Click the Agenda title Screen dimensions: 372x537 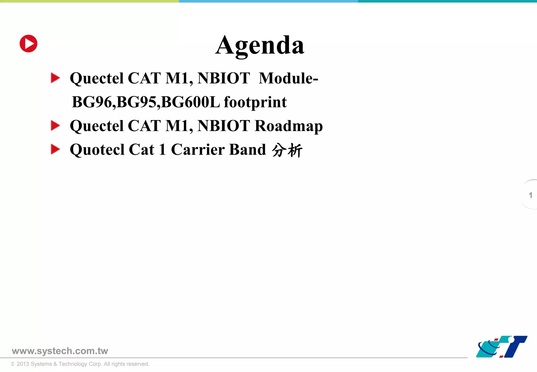(x=260, y=45)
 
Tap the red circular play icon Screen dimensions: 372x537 (x=29, y=44)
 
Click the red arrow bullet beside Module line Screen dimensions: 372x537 (x=55, y=78)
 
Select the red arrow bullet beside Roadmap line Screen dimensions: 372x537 (x=55, y=125)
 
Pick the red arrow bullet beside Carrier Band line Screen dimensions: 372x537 (x=55, y=149)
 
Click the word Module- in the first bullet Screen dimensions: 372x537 (x=288, y=78)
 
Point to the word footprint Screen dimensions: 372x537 (x=255, y=102)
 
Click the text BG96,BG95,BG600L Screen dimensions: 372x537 (x=146, y=102)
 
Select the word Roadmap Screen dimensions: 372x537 (x=289, y=126)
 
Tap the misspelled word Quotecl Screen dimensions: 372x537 (x=97, y=150)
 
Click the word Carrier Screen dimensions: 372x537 (x=198, y=150)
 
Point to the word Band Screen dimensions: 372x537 (x=248, y=150)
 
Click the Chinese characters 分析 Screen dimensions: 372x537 (x=287, y=150)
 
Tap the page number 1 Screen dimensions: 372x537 (x=530, y=195)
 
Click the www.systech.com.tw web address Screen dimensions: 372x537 (x=60, y=351)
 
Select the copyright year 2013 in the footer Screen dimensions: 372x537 (x=23, y=364)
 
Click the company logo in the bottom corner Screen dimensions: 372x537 (x=501, y=347)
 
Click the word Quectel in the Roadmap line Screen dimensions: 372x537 (x=96, y=126)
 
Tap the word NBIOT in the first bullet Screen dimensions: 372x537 (x=223, y=78)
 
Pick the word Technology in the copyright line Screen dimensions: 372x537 (x=73, y=364)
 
